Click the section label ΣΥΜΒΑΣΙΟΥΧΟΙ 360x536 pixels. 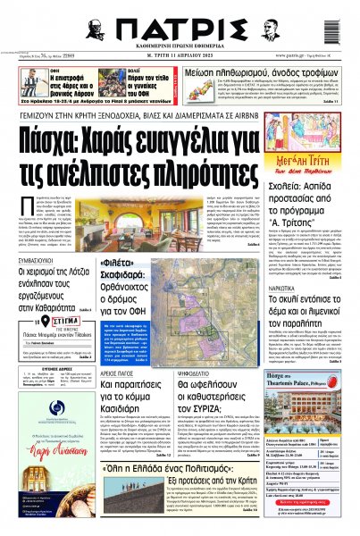(x=33, y=264)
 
